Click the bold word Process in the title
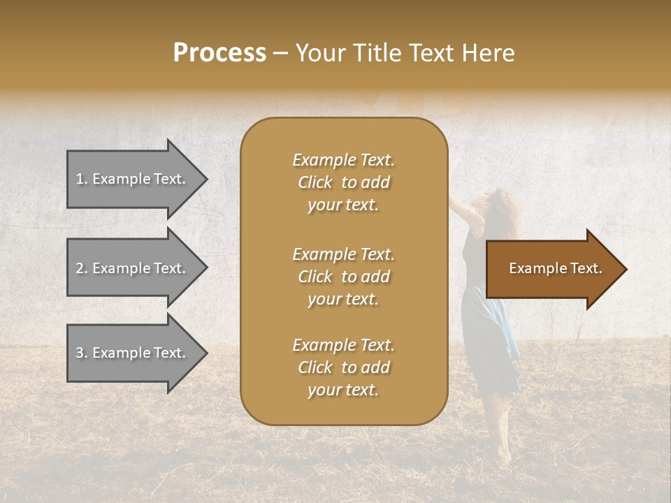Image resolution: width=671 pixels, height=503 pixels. click(x=219, y=53)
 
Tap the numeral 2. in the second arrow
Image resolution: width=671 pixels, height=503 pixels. click(x=82, y=268)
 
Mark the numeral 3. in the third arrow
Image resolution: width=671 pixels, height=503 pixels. click(x=82, y=353)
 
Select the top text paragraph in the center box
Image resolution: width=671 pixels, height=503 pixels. click(x=343, y=182)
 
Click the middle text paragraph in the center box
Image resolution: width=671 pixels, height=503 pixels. click(x=343, y=277)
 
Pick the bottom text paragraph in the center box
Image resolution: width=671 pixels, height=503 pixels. click(x=343, y=367)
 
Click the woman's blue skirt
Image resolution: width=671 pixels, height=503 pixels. click(x=493, y=335)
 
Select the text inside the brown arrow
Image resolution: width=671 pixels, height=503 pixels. click(x=556, y=268)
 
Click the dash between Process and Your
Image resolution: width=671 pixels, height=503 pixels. click(x=280, y=54)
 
